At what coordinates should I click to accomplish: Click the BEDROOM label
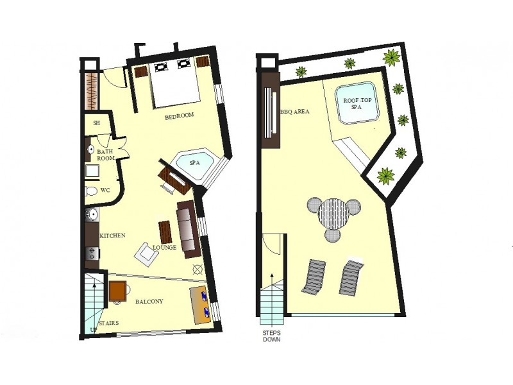click(x=179, y=116)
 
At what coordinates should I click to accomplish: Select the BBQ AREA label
click(x=295, y=112)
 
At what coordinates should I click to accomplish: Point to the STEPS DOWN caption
click(x=271, y=336)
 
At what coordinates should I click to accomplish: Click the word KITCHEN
click(x=112, y=235)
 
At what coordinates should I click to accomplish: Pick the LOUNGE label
click(x=165, y=247)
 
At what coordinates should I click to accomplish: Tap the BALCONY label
click(x=149, y=301)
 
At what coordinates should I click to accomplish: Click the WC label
click(x=106, y=190)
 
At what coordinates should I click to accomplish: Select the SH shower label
click(x=97, y=123)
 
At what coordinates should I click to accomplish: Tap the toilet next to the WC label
click(x=90, y=191)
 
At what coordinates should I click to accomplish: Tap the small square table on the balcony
click(x=118, y=291)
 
